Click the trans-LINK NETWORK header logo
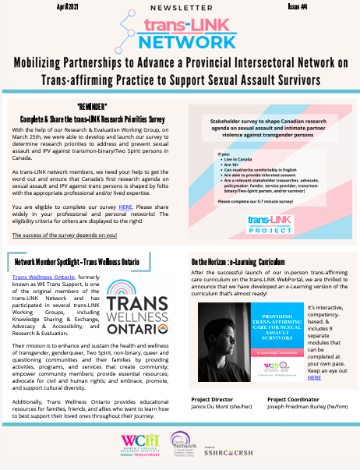180,32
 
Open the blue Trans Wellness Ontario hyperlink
44,277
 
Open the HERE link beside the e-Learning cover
314,377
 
